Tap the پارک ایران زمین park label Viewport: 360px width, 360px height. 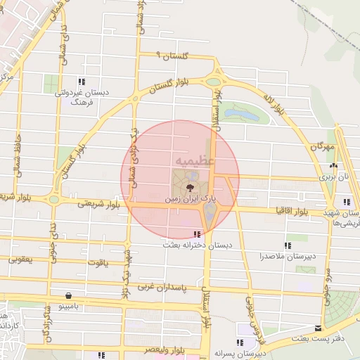pyautogui.click(x=189, y=200)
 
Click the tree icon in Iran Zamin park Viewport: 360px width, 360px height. pyautogui.click(x=190, y=188)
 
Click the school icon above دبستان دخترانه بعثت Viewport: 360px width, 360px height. pyautogui.click(x=196, y=234)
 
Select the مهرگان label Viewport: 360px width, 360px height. pyautogui.click(x=320, y=147)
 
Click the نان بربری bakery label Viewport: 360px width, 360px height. pyautogui.click(x=334, y=178)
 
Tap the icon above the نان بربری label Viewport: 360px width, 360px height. pyautogui.click(x=334, y=167)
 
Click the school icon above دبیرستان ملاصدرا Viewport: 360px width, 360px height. pyautogui.click(x=287, y=245)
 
